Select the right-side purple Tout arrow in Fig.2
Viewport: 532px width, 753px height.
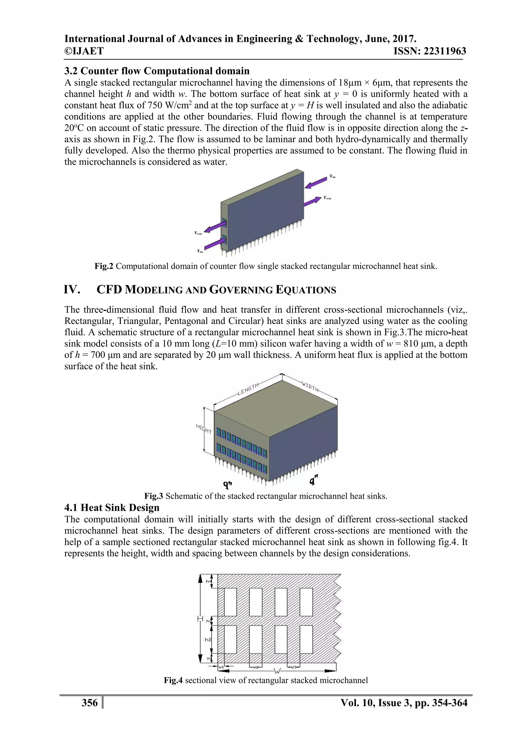(x=312, y=201)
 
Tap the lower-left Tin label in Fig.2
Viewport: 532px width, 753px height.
(x=200, y=251)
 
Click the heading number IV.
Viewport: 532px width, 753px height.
(x=72, y=290)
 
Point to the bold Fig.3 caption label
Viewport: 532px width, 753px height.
(x=154, y=496)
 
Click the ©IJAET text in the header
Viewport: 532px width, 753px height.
(x=84, y=51)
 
